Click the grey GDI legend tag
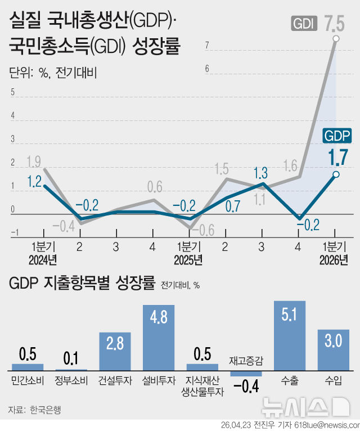tap(304, 24)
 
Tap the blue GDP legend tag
tap(337, 136)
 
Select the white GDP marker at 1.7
tap(336, 174)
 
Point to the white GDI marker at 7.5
tap(336, 38)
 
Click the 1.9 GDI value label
tap(33, 162)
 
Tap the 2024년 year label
tap(43, 260)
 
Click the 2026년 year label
tap(334, 260)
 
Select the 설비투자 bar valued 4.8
tap(159, 337)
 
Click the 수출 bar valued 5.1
tap(290, 335)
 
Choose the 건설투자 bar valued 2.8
tap(115, 351)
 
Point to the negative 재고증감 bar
tap(246, 373)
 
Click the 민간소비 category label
tap(28, 381)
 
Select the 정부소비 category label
tap(71, 381)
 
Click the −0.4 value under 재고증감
tap(246, 387)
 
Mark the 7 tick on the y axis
tap(208, 46)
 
